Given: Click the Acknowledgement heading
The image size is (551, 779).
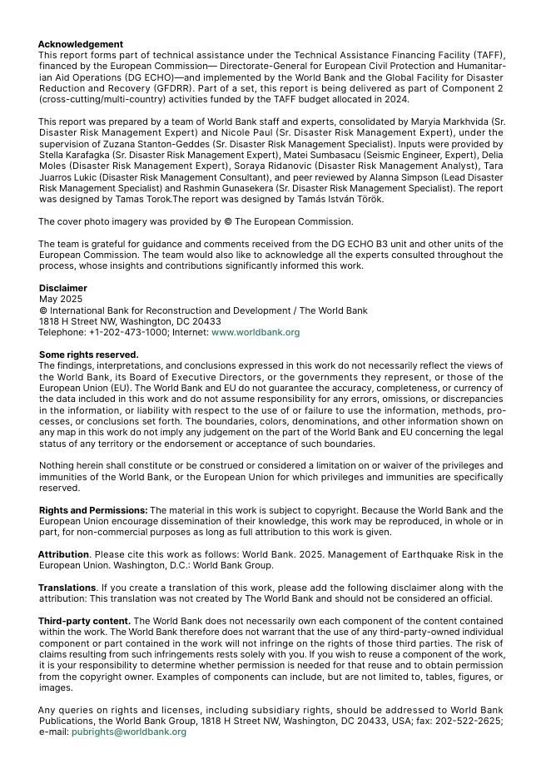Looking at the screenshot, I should click(80, 44).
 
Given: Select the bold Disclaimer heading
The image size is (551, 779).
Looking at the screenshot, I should click(62, 288).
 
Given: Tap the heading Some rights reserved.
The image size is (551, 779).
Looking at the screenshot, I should click(88, 355).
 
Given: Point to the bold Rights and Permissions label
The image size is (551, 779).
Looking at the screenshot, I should click(93, 510).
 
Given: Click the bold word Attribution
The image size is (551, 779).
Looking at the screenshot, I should click(63, 554).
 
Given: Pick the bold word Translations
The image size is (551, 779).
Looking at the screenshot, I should click(67, 588).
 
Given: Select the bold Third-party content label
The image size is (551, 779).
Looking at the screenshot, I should click(84, 621).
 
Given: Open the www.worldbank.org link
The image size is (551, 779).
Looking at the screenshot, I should click(256, 332).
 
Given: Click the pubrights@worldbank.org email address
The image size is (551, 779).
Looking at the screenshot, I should click(129, 732).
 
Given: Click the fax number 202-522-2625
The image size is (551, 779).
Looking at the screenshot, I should click(471, 721).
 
